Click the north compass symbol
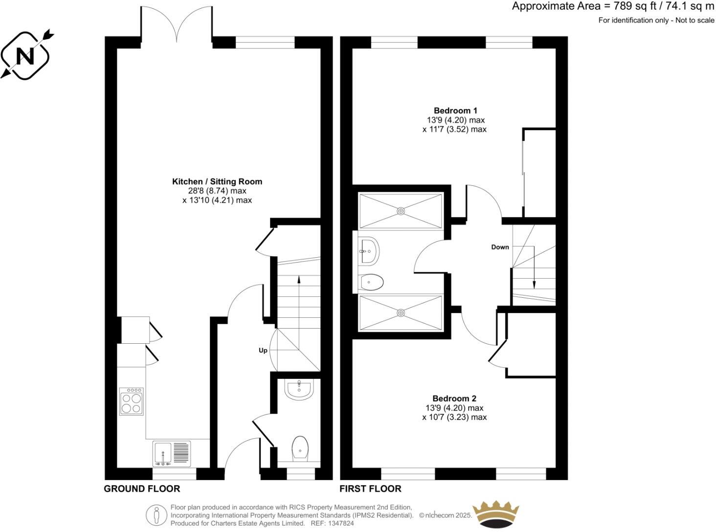coord(25,56)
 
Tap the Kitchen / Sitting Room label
coord(217,181)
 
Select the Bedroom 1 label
coord(455,111)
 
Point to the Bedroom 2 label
coord(454,399)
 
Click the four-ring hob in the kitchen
coord(131,402)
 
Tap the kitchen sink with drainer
coord(172,453)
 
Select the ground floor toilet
coord(300,449)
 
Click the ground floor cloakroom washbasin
coord(299,390)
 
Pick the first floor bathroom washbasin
coord(367,250)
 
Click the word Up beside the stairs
coord(263,351)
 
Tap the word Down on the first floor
coord(500,247)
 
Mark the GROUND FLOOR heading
coord(142,488)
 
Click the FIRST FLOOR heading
coord(370,488)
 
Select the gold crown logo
coord(495,514)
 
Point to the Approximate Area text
coord(613,7)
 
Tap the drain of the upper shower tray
coord(401,211)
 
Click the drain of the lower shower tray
coord(401,312)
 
